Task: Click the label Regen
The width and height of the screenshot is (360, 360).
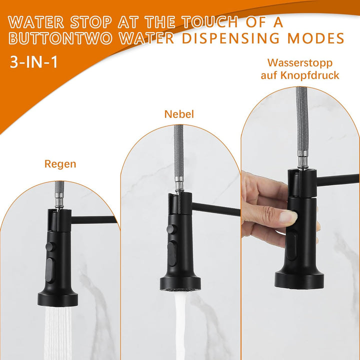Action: [x=60, y=164]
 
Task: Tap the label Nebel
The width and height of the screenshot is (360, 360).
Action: [x=179, y=114]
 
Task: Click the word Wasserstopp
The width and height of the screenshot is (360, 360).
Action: [x=300, y=63]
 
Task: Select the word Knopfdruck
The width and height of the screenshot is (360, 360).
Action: [x=310, y=75]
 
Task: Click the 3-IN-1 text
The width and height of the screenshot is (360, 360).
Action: [x=33, y=62]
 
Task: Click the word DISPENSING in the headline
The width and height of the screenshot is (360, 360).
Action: [x=231, y=38]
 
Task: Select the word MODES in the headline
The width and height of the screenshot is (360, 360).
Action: [x=316, y=38]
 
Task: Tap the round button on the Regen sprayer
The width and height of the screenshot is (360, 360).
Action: [x=50, y=247]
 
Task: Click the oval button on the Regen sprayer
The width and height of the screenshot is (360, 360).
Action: [x=50, y=269]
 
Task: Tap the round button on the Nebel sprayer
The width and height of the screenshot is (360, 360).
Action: [x=172, y=229]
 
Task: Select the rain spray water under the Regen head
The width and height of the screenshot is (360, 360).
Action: [x=58, y=333]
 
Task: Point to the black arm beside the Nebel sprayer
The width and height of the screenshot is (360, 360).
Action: [x=216, y=209]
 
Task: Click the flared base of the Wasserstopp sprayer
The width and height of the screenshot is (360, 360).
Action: [x=299, y=279]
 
